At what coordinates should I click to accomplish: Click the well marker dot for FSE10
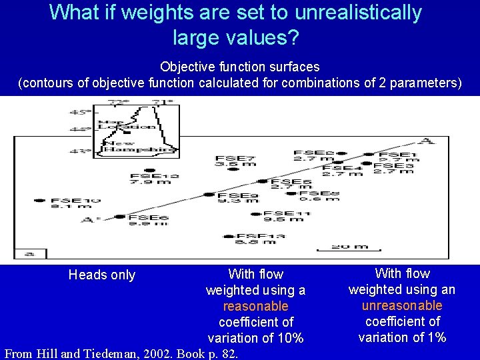tap(39, 200)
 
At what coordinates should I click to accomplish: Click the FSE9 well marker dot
tap(209, 195)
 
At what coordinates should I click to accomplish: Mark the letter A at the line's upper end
tap(424, 141)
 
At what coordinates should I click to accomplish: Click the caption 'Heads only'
tap(102, 275)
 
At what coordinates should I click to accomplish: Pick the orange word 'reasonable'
tap(255, 306)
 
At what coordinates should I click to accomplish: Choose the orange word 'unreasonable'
tap(401, 305)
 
